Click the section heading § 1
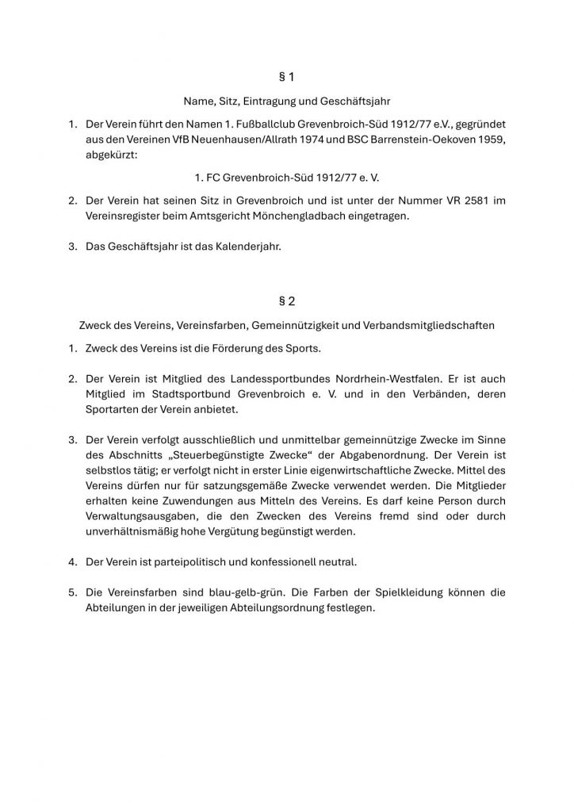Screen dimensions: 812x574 [287, 77]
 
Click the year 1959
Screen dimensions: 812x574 [485, 140]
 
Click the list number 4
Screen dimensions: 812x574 [71, 561]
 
